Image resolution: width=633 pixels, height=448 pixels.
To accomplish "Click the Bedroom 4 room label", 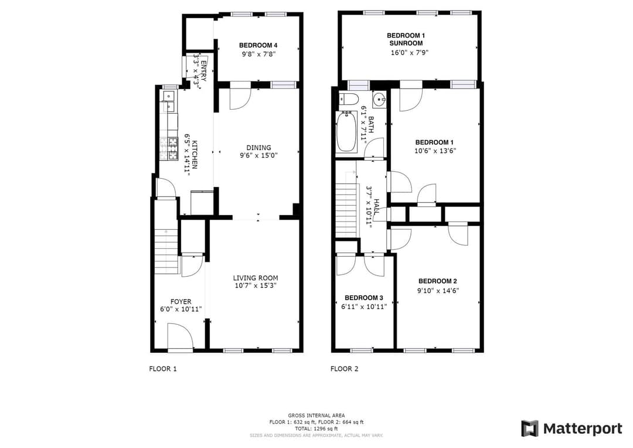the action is (x=258, y=46).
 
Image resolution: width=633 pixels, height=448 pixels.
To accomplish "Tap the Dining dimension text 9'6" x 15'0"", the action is (x=259, y=155).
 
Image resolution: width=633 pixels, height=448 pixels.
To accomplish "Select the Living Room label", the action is (x=256, y=278).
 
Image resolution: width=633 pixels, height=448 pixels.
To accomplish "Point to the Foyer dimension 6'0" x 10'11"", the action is (x=181, y=310).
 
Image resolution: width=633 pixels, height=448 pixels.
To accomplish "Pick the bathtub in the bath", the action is (x=346, y=132).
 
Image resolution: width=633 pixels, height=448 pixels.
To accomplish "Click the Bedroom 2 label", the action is (x=438, y=281).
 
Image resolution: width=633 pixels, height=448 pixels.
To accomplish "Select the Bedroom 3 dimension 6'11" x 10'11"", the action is (x=364, y=307).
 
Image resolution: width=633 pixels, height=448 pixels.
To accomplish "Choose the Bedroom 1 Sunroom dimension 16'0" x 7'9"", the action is (x=409, y=53).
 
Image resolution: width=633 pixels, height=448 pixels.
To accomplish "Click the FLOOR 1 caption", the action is (x=163, y=369).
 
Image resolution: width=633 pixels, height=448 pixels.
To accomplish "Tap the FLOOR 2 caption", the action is (x=345, y=369).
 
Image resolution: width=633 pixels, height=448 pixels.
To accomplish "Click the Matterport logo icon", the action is (x=530, y=429).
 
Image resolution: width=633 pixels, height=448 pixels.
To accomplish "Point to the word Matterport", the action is (x=583, y=429).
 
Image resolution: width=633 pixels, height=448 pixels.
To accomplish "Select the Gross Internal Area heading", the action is (x=316, y=415).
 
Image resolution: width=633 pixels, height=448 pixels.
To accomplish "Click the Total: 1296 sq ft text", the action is (x=316, y=429).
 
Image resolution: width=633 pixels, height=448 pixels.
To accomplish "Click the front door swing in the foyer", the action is (x=181, y=336).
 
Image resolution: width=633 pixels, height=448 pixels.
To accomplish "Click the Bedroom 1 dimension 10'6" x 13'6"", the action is (x=435, y=151).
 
